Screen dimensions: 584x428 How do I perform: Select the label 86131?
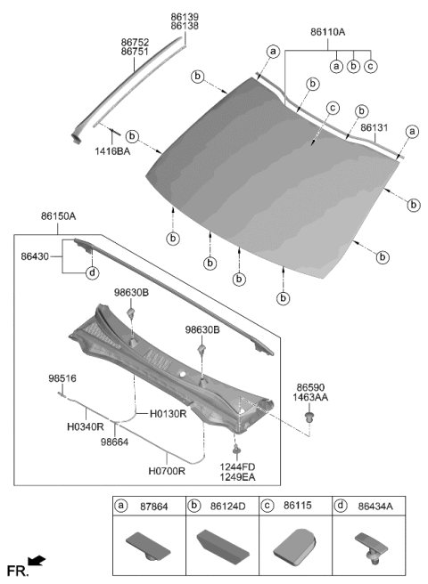374,128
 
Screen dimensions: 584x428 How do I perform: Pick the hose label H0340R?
86,427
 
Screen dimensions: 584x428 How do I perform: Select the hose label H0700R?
168,473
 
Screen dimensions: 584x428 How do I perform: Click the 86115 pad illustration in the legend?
293,545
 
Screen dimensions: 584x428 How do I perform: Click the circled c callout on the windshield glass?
332,109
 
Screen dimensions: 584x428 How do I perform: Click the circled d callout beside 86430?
91,273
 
